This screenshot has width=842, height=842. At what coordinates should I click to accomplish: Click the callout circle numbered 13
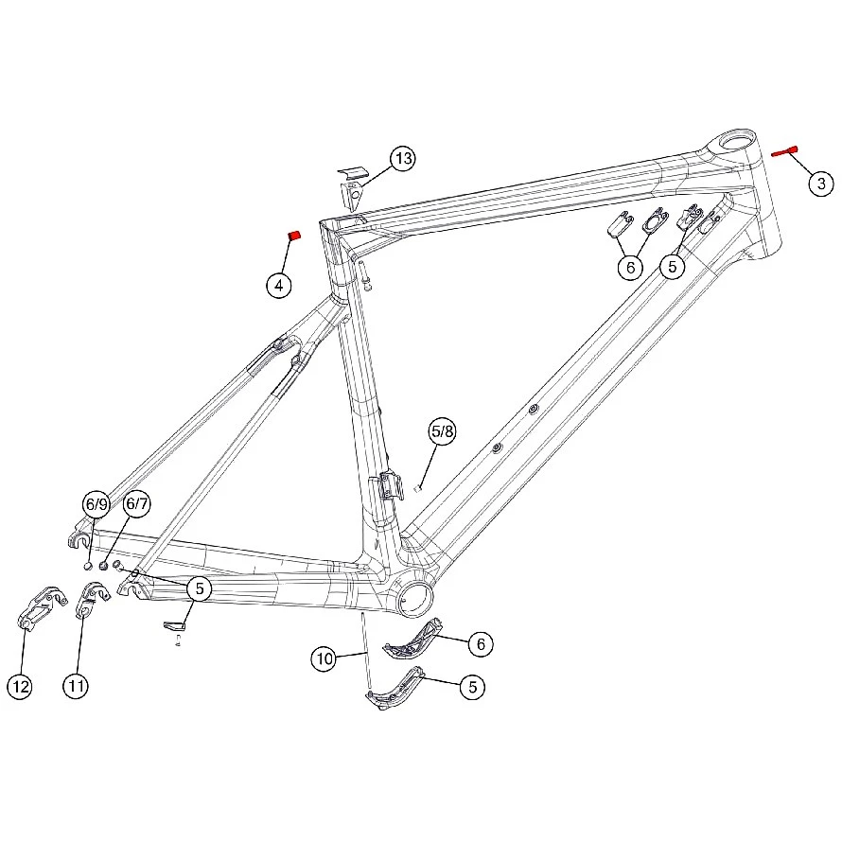[403, 158]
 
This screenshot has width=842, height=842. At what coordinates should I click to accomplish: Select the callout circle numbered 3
[821, 184]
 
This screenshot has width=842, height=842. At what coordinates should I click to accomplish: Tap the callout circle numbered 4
[279, 285]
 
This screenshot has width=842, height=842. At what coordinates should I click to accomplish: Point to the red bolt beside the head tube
[784, 151]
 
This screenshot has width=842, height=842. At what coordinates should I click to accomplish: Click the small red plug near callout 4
[294, 236]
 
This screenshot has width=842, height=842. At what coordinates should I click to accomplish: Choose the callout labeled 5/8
[443, 431]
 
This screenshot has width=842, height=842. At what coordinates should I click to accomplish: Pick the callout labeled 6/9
[96, 504]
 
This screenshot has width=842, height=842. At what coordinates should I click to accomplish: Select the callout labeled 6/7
[136, 503]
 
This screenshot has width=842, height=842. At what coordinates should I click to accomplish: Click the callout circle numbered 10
[325, 658]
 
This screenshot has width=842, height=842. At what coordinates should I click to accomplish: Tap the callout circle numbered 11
[76, 686]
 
